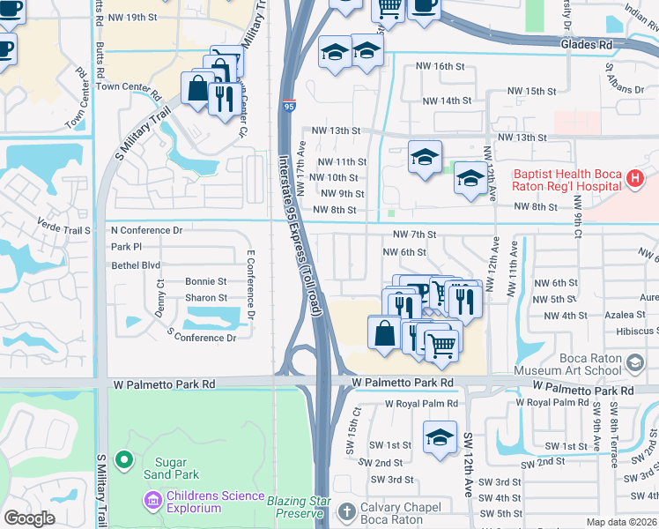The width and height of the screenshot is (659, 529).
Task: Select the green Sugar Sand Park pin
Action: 124,459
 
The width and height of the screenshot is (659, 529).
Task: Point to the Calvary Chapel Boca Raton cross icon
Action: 348,510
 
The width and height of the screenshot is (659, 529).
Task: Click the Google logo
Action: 29,518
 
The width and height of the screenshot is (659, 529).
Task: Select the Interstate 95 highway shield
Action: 290,106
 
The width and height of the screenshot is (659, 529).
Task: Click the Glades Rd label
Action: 586,43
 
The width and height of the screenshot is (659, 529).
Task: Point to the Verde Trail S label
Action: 63,230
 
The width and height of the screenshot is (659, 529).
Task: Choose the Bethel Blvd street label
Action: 136,264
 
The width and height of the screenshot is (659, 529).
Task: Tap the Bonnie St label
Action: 206,281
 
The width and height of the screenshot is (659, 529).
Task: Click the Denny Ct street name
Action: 160,295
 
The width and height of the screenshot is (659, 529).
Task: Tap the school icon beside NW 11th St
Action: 425,158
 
